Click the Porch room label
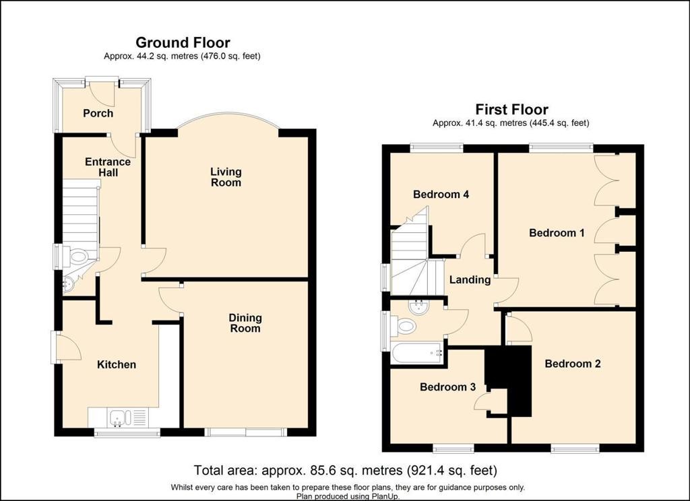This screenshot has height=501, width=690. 98,114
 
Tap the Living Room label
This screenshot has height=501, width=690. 226,177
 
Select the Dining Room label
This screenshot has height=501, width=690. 245,323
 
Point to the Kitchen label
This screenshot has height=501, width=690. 116,365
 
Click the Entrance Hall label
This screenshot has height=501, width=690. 108,167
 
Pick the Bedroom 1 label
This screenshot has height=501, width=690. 557,233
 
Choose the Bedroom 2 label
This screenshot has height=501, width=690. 573,364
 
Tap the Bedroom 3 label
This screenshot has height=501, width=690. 447,387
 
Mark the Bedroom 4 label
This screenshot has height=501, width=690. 441,195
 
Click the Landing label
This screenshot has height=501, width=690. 470,279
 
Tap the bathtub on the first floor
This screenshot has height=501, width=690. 417,354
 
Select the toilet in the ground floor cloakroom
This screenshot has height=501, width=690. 77,257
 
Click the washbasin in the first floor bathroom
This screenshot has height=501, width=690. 418,307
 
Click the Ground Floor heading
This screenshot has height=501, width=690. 183,42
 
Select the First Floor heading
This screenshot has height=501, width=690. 512,109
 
